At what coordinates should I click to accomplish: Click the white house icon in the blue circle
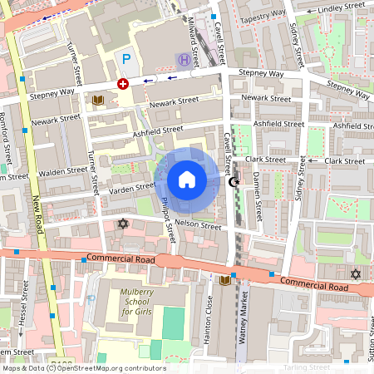click(x=187, y=180)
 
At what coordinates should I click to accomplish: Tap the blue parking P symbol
click(x=126, y=59)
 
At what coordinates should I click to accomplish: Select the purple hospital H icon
click(x=183, y=59)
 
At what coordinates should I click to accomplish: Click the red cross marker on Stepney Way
click(x=123, y=84)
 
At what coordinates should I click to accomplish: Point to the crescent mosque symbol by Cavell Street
click(x=234, y=182)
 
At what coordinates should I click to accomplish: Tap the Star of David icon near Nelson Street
click(x=124, y=224)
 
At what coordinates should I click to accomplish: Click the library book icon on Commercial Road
click(x=224, y=282)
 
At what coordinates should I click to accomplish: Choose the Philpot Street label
click(x=169, y=219)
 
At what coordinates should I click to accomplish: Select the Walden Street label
click(x=64, y=172)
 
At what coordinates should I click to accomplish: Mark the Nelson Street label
click(x=199, y=225)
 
